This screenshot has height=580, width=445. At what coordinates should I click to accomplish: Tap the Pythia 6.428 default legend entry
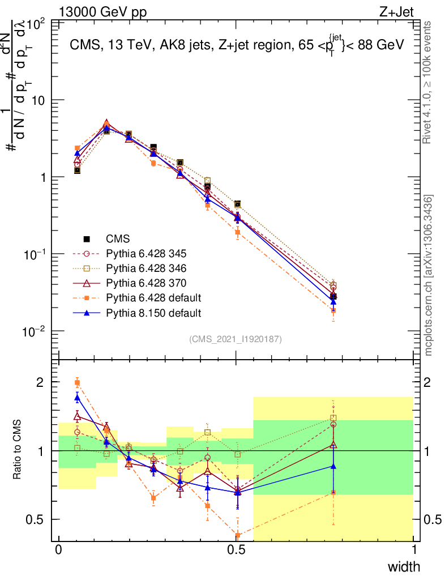[x=153, y=297]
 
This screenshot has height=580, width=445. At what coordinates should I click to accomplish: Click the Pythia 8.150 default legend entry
[x=153, y=312]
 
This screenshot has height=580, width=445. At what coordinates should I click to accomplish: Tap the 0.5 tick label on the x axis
[x=237, y=551]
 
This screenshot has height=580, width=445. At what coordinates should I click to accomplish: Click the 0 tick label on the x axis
[x=59, y=551]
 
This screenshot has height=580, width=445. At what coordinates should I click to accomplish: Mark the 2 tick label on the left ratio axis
[x=42, y=382]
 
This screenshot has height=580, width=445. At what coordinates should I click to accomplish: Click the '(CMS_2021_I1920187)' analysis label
[x=236, y=339]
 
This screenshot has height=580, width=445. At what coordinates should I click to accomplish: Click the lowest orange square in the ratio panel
[x=238, y=535]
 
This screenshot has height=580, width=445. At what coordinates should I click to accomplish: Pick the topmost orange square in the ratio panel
[x=78, y=383]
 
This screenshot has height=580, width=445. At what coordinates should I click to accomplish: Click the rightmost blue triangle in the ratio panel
[x=333, y=466]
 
